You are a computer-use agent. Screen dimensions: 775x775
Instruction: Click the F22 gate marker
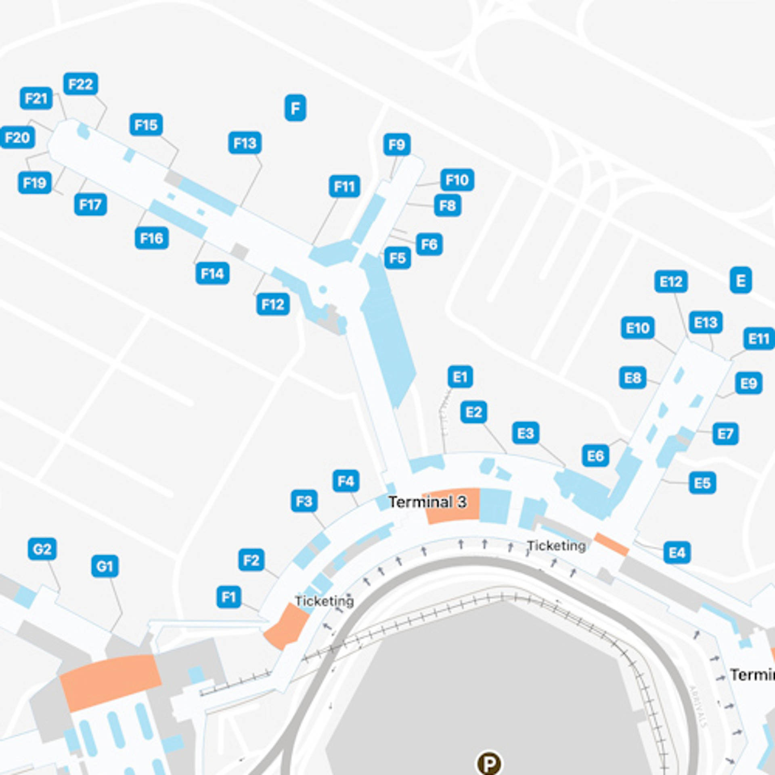click(81, 84)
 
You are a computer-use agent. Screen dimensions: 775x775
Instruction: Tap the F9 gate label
click(397, 145)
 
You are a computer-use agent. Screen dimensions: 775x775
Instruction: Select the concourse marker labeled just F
click(295, 108)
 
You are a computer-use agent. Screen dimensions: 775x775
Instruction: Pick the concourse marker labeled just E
click(741, 280)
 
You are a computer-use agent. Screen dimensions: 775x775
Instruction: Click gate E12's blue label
click(671, 281)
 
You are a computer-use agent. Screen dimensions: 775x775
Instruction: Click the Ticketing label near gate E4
click(556, 546)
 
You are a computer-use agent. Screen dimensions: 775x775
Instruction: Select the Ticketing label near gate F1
click(324, 601)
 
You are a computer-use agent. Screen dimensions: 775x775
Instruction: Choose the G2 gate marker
click(42, 549)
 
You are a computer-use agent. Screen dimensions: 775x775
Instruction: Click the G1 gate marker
click(105, 566)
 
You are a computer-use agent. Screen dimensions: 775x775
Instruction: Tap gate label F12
click(273, 304)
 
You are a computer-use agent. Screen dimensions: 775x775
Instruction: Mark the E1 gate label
click(460, 377)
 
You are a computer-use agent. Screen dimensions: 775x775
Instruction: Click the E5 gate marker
click(702, 483)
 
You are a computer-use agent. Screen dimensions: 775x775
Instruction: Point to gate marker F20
click(17, 138)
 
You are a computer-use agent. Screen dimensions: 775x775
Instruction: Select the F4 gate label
click(346, 481)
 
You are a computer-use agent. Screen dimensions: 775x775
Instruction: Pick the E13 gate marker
click(706, 322)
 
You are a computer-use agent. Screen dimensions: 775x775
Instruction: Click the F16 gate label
click(152, 238)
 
